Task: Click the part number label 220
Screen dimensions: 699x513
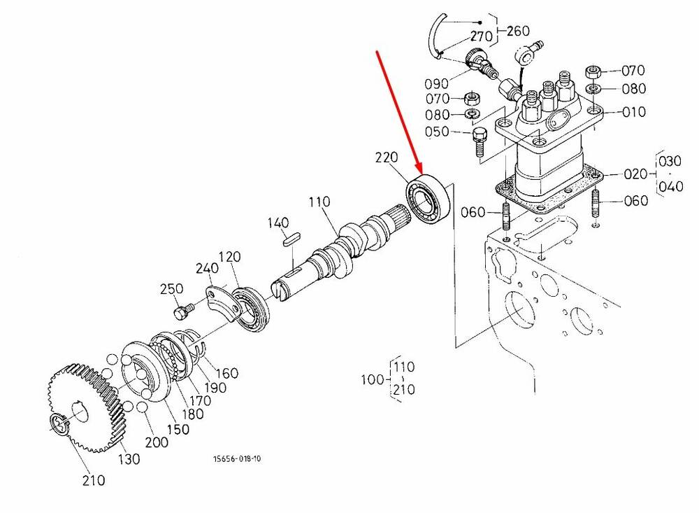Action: (387, 157)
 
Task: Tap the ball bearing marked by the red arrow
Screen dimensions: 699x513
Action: (428, 198)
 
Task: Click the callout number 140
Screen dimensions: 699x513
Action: (278, 223)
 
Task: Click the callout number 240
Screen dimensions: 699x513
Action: (208, 268)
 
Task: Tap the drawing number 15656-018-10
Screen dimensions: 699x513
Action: (237, 458)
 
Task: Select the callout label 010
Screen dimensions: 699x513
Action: (634, 111)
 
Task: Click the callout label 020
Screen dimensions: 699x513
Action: (635, 174)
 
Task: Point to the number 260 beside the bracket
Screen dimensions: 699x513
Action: (518, 31)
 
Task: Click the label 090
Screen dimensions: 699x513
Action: (436, 83)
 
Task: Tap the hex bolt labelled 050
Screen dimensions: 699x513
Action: (478, 141)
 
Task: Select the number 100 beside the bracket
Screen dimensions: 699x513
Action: (373, 379)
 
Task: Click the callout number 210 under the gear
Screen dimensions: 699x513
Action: (94, 480)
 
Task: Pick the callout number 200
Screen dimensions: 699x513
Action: (157, 442)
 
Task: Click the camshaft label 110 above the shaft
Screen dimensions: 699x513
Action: (319, 202)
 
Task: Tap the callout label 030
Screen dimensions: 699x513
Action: (670, 161)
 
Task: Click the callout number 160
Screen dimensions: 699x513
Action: (227, 373)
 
